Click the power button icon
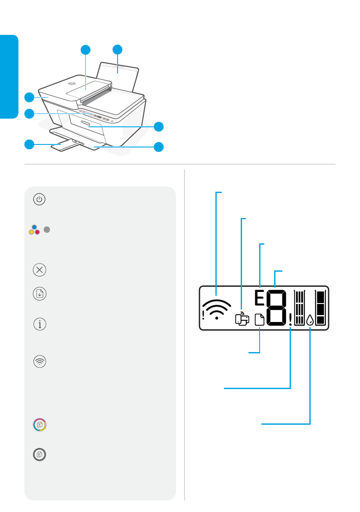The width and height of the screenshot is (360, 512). [39, 199]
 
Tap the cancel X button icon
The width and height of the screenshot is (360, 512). [39, 270]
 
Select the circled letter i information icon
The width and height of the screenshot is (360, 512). [39, 324]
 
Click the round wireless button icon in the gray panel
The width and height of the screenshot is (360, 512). [39, 362]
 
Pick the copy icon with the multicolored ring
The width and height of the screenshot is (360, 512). [39, 424]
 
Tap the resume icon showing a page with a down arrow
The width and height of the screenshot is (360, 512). [39, 294]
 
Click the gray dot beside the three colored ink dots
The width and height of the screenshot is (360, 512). [47, 230]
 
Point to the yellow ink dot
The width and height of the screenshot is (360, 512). [31, 232]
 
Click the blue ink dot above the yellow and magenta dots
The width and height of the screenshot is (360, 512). [34, 227]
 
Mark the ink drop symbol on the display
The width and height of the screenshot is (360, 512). [310, 320]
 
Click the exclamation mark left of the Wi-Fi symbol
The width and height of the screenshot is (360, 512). [203, 316]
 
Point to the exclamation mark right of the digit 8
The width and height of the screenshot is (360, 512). [290, 319]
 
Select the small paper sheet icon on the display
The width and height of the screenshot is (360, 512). [260, 320]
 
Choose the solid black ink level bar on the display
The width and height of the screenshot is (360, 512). [321, 308]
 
